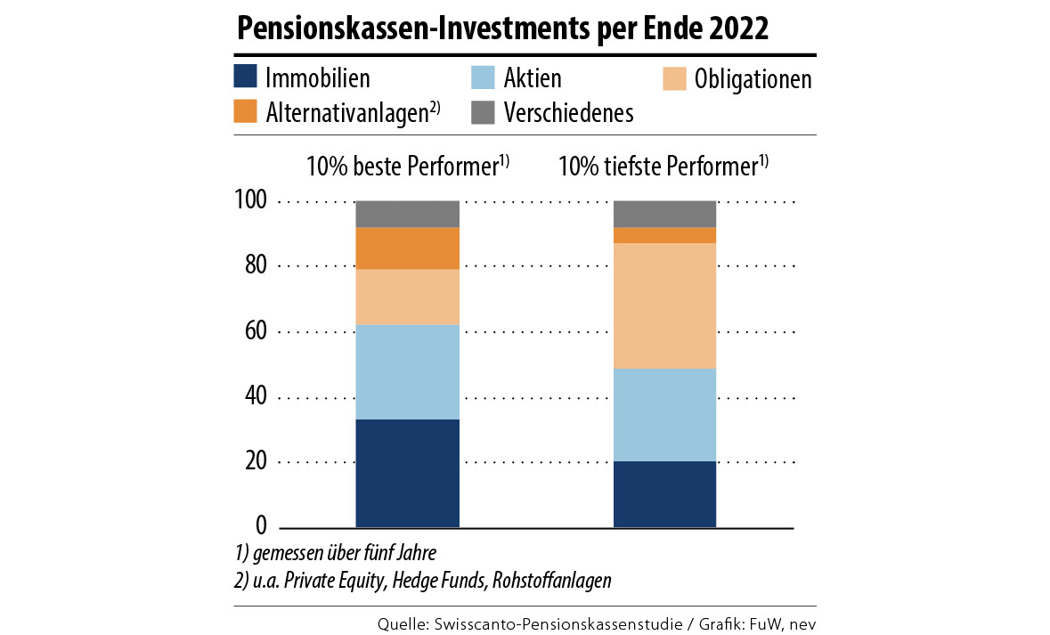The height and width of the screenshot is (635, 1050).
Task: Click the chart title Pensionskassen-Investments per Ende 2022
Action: [502, 28]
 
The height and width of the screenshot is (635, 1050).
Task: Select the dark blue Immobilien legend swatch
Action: [246, 77]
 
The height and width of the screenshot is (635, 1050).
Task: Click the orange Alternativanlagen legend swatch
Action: [246, 111]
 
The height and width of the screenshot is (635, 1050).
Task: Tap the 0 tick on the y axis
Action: [261, 525]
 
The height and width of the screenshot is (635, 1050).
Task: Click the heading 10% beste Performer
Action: [407, 166]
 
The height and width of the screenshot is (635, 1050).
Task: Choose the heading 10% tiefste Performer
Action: [663, 166]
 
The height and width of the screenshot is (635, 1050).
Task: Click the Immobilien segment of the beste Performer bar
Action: [407, 473]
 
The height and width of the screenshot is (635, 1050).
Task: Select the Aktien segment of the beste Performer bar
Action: [407, 371]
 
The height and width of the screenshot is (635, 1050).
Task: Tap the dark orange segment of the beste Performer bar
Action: [407, 248]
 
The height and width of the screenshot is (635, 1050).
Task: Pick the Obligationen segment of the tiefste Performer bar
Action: [665, 305]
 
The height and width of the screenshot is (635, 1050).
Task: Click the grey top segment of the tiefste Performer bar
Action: [665, 214]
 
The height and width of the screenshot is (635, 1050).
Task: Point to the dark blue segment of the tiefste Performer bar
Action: [665, 494]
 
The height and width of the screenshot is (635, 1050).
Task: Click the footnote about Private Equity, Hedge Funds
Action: [421, 580]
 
